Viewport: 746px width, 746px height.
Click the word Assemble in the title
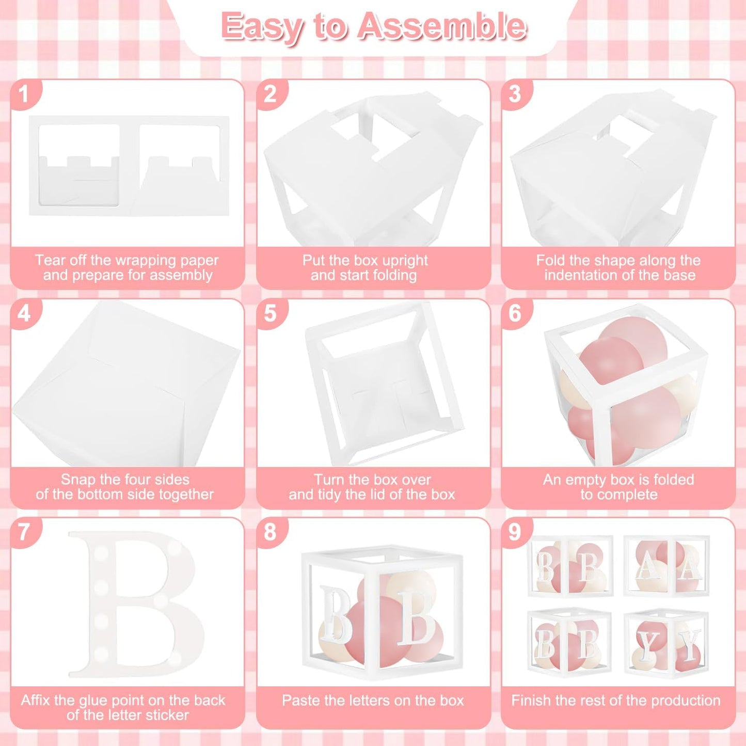[x=441, y=26]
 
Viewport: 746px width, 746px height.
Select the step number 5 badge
[x=271, y=313]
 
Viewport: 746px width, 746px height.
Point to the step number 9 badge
[x=515, y=533]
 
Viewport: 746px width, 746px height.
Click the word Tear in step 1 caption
[x=49, y=260]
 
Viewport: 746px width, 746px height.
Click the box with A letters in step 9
[x=666, y=566]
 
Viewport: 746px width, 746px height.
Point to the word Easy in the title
[x=262, y=27]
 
